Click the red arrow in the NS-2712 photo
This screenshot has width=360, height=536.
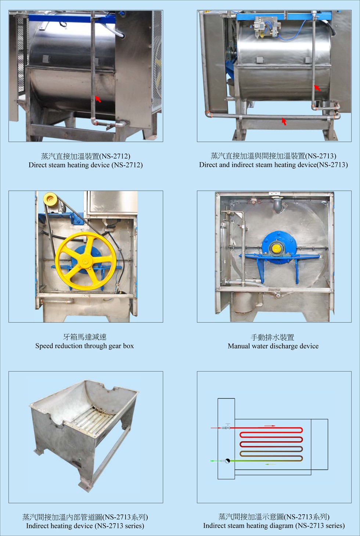pos(98,99)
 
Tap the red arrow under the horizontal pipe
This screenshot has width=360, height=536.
pos(284,122)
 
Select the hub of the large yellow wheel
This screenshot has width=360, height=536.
pos(85,261)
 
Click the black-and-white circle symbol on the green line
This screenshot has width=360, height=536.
pos(227,461)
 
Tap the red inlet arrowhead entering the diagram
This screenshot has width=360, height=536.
pos(220,428)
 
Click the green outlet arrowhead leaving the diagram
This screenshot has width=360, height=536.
pos(212,461)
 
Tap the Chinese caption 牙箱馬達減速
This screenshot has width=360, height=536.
pos(85,337)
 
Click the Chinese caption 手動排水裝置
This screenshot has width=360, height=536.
pos(273,337)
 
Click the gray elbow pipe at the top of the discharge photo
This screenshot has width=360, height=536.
pos(278,204)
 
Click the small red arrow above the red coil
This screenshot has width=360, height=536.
pos(270,426)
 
